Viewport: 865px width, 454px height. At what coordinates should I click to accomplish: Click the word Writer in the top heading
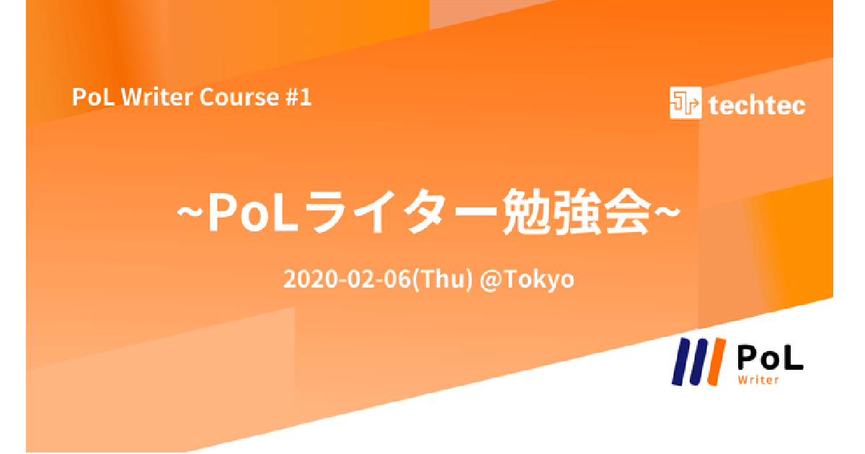[156, 97]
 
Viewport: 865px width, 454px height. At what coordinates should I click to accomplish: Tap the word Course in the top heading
[239, 97]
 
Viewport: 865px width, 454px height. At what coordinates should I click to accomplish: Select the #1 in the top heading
[298, 97]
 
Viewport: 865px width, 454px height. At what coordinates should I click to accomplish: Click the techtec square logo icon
[686, 102]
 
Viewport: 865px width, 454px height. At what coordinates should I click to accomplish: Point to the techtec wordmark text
[757, 105]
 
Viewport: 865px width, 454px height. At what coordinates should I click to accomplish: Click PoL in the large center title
[253, 212]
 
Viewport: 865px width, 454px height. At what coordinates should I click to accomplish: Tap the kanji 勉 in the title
[526, 212]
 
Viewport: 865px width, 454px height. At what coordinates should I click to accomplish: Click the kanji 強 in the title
[577, 212]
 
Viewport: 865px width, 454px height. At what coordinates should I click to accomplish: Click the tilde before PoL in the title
[190, 212]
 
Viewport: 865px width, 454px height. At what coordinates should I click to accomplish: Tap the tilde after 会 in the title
[667, 212]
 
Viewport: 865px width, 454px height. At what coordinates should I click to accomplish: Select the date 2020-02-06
[347, 279]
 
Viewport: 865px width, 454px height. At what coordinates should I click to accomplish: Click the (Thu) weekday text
[443, 280]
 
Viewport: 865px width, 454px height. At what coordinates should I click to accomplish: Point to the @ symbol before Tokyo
[490, 280]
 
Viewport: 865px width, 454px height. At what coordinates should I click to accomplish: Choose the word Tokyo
[538, 280]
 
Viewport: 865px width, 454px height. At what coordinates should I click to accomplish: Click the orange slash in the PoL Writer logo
[717, 362]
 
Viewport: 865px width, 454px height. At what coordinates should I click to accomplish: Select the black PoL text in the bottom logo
[770, 358]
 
